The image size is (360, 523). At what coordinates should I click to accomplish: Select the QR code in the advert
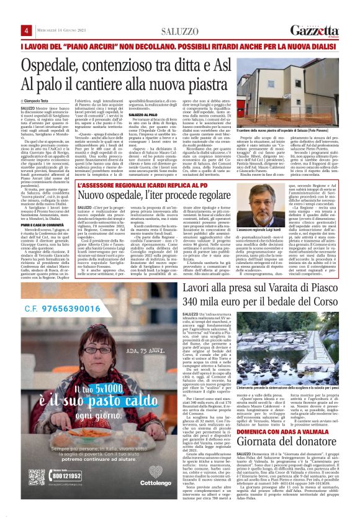coord(35,460)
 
